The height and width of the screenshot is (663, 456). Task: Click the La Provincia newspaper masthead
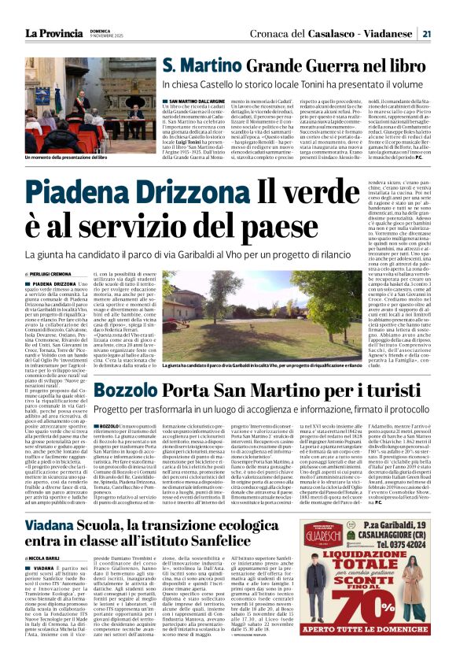coord(53,33)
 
